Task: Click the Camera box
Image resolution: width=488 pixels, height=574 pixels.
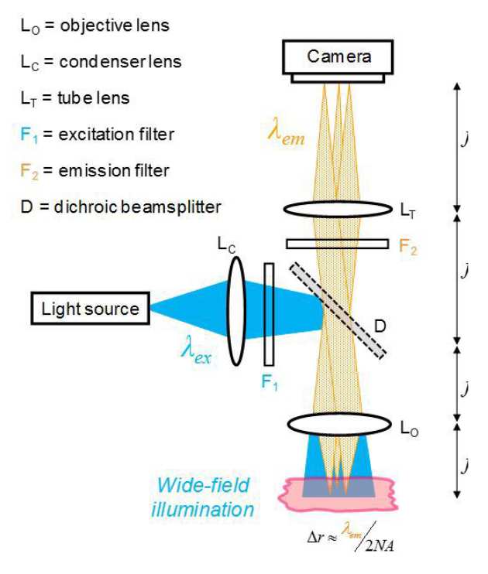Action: coord(339,56)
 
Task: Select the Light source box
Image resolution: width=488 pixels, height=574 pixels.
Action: coord(91,309)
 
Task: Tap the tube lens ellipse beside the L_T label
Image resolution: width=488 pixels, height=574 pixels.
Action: coord(338,209)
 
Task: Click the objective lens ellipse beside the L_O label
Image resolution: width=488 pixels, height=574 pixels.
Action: coord(339,424)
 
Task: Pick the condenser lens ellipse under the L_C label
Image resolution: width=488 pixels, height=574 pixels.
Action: coord(236,306)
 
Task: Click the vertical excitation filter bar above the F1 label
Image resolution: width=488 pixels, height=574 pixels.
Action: coord(269,313)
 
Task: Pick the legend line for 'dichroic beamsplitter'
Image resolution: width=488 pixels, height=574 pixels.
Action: coord(120,207)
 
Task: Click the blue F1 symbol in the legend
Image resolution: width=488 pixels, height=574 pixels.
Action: coord(27,135)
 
